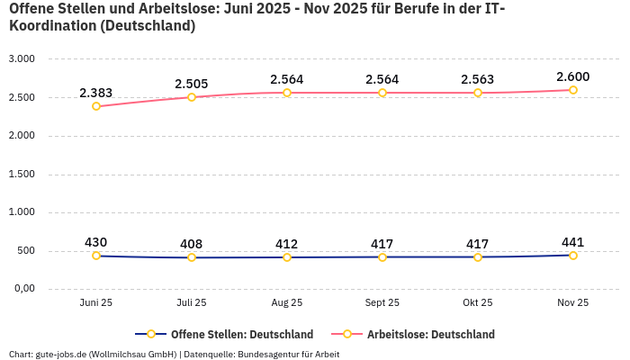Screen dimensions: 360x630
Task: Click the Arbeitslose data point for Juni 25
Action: (96, 106)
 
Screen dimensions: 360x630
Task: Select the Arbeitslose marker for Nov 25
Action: (573, 90)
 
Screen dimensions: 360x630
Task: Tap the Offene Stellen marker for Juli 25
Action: (192, 257)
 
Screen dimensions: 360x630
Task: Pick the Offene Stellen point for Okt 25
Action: (478, 257)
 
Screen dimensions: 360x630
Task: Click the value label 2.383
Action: (96, 93)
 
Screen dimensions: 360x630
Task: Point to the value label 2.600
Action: (573, 76)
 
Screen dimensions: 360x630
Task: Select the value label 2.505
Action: (192, 84)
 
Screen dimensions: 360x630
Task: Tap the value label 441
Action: (573, 242)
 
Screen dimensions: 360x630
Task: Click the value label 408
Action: (192, 244)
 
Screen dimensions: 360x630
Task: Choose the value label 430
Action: (96, 242)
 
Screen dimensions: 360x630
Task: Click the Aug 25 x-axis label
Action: (287, 303)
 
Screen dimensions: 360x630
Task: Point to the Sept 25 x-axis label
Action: (382, 303)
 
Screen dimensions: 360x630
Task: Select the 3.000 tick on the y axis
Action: (21, 59)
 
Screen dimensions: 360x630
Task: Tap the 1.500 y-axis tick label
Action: (21, 174)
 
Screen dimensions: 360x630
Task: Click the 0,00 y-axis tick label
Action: (22, 289)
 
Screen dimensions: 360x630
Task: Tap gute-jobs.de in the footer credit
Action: (61, 354)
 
